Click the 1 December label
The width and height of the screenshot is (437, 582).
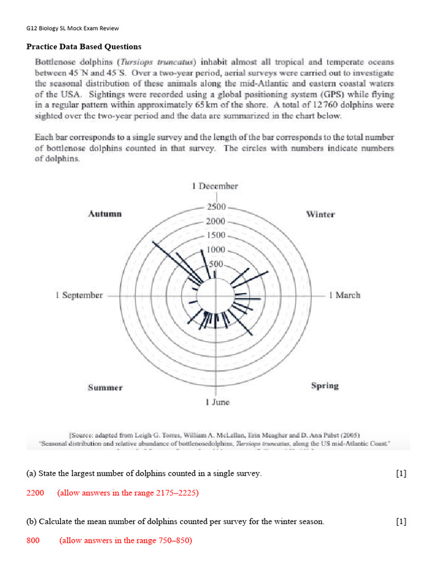(x=215, y=186)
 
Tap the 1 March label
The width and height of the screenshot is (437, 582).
(x=344, y=295)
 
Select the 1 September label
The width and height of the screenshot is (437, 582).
(x=79, y=295)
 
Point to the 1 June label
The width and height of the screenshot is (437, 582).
(x=217, y=402)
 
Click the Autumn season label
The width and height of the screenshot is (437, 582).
(x=105, y=214)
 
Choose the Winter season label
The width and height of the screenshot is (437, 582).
(x=320, y=214)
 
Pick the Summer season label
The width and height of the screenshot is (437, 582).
(x=105, y=388)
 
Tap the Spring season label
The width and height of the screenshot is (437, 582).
(x=325, y=385)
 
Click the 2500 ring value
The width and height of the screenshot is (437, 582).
(x=216, y=207)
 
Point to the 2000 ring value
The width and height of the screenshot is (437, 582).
(x=216, y=221)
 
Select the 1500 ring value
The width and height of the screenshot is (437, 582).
(x=216, y=235)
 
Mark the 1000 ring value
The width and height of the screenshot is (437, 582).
(x=216, y=250)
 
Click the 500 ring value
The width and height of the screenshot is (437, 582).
(x=216, y=264)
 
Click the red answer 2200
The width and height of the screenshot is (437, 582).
(x=35, y=493)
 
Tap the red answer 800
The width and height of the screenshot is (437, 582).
(x=33, y=540)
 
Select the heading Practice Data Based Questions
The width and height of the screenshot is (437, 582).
(x=84, y=47)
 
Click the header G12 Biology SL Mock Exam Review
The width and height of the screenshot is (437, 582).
(x=72, y=28)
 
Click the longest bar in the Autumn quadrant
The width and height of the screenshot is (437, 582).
(x=176, y=262)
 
